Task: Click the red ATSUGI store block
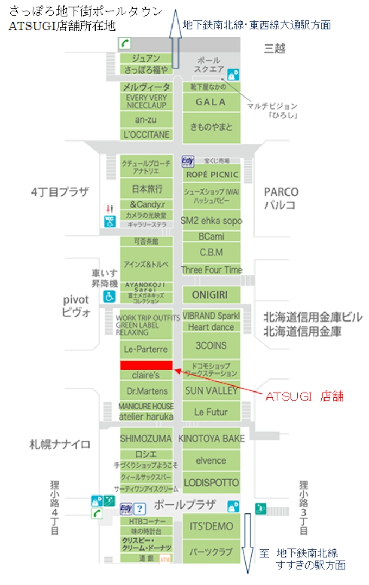coord(146,365)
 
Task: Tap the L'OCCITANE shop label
coord(146,134)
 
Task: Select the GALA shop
coord(211,102)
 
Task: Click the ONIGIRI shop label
coord(209,294)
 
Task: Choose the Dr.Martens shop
coord(146,390)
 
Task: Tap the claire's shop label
coord(145,375)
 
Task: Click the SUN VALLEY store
coord(211,390)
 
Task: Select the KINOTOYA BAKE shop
coord(211,438)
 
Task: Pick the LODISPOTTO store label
coord(211,482)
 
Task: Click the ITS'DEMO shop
coord(211,526)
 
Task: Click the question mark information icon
coord(140,509)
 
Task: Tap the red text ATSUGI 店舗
coord(304,396)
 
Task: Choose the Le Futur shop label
coord(211,412)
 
